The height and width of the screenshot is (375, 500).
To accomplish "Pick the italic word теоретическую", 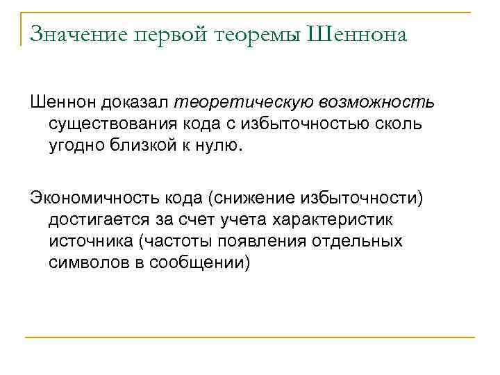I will point(244,103).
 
